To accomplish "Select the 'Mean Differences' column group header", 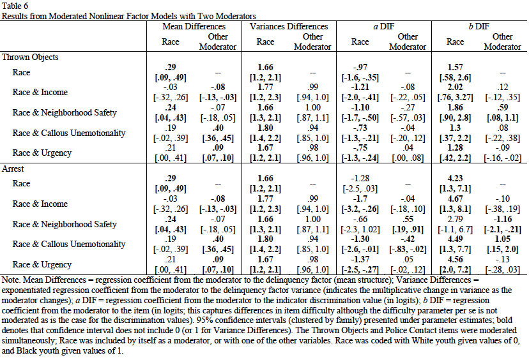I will tap(195, 27).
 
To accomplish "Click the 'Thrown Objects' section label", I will tap(30, 57).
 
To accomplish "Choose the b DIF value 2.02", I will tap(455, 87).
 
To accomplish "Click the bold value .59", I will tap(503, 108).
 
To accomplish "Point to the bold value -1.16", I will tap(503, 219).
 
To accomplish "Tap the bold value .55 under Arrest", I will tap(408, 219).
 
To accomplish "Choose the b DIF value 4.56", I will tap(455, 260).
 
